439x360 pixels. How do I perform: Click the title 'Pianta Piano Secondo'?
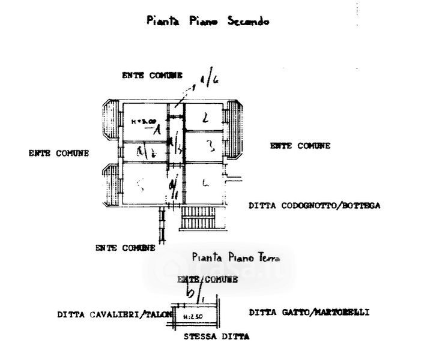coord(208,22)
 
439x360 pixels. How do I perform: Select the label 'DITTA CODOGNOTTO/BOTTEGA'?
coord(314,206)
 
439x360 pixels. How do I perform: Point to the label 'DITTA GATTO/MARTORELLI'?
coord(309,313)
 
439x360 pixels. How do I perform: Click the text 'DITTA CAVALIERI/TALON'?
coord(115,314)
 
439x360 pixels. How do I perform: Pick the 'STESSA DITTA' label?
coord(216,337)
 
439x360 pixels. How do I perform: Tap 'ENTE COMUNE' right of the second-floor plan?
coord(300,146)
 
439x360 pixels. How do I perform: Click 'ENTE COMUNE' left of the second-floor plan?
coord(59,153)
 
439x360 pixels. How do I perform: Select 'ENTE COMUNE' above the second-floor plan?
coord(152,76)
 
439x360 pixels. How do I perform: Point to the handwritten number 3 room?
coord(209,145)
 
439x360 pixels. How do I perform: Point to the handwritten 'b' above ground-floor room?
coord(190,292)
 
